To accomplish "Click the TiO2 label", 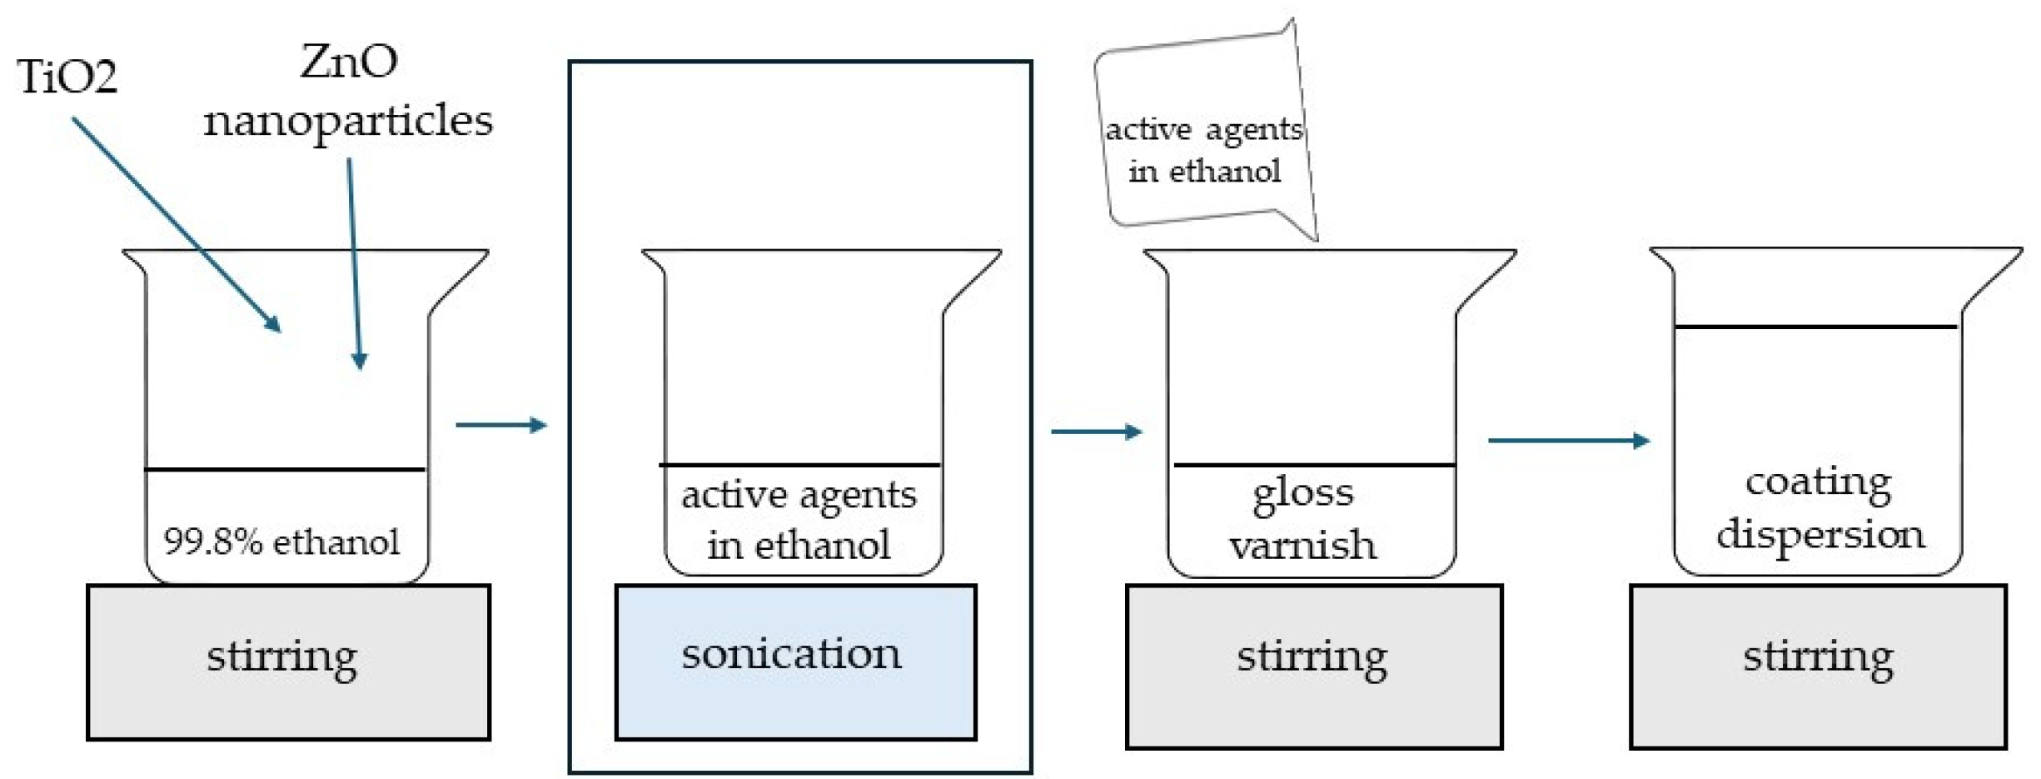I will tap(67, 77).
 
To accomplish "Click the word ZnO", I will tap(349, 62).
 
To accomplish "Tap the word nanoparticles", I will tap(348, 122).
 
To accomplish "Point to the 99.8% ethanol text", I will tap(281, 542).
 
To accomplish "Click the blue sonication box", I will tap(794, 662).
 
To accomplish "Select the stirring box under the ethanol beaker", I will tap(288, 662).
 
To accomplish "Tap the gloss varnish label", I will tap(1303, 519).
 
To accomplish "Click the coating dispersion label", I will tap(1819, 508).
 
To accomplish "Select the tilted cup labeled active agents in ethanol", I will tap(1204, 133).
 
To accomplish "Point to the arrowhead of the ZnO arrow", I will tap(360, 361).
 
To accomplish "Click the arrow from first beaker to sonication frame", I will tap(500, 425).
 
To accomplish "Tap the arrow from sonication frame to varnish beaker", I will tap(1096, 432).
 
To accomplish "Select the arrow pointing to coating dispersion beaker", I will tap(1568, 440).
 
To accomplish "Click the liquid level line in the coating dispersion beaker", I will tap(1815, 327).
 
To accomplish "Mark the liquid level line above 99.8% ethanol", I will tap(285, 470).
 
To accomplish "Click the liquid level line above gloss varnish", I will tap(1314, 465).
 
